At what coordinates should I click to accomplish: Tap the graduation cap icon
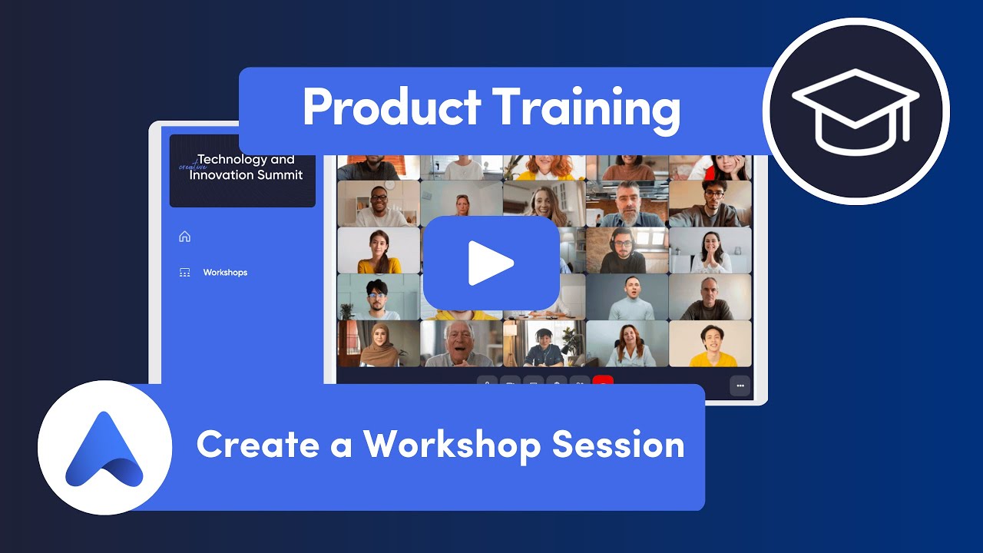click(x=856, y=111)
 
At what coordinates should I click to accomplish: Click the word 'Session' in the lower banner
click(x=618, y=445)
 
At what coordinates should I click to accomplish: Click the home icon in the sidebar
click(x=184, y=237)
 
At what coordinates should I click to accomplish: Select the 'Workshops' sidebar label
click(x=225, y=273)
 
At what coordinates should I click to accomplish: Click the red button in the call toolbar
click(x=603, y=382)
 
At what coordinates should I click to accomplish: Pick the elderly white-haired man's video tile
click(x=462, y=343)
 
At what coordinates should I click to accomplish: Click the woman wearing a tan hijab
click(x=379, y=343)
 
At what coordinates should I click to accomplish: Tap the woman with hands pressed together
click(x=710, y=250)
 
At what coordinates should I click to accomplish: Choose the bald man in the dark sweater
click(x=710, y=297)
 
